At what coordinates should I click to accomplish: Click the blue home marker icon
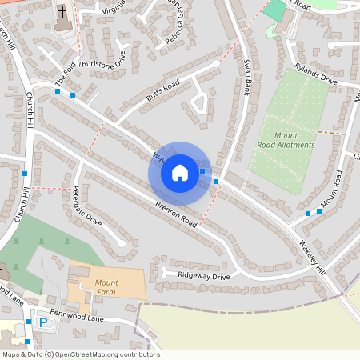180,172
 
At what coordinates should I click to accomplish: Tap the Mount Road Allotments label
286,141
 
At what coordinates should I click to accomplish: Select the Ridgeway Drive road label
203,276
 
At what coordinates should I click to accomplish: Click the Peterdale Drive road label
87,206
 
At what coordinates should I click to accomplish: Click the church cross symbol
62,13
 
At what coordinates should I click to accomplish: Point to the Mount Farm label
106,288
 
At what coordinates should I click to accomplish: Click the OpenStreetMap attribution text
81,354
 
